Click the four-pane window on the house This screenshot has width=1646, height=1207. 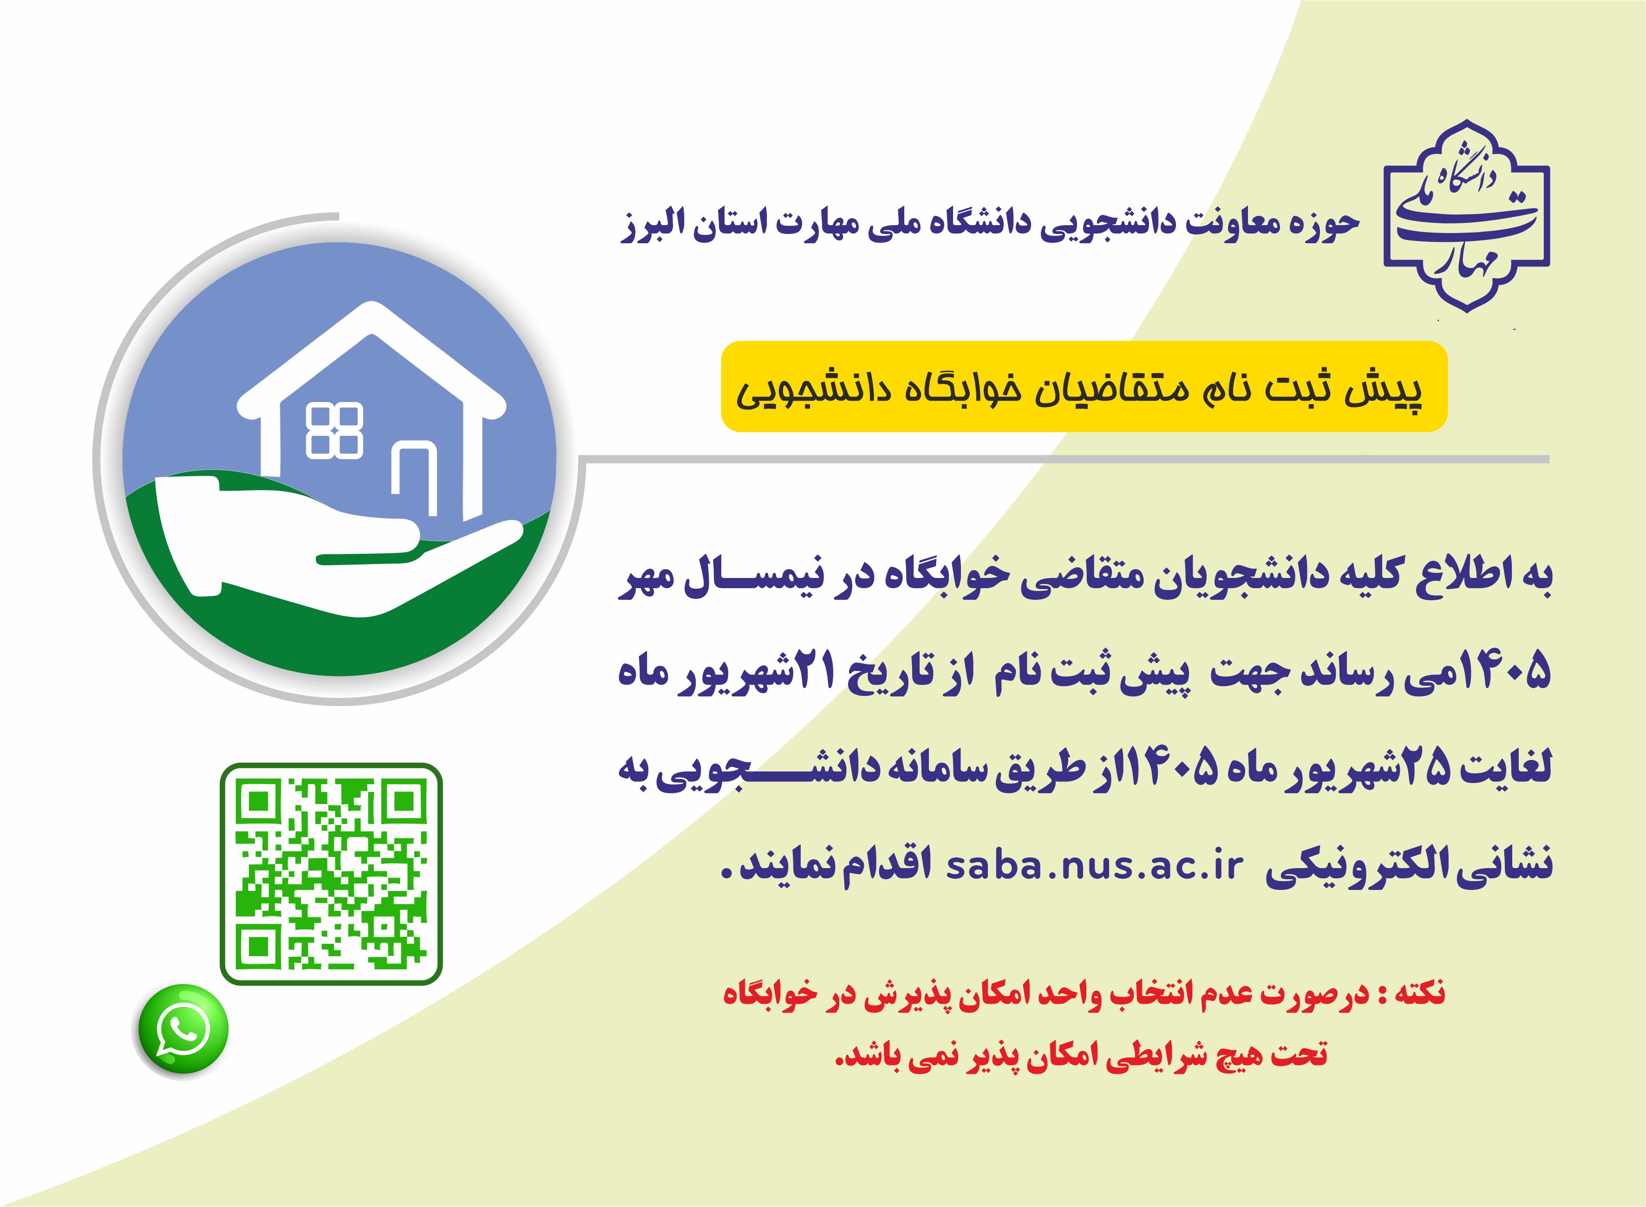(x=334, y=431)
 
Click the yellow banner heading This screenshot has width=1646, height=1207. (x=1084, y=387)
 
